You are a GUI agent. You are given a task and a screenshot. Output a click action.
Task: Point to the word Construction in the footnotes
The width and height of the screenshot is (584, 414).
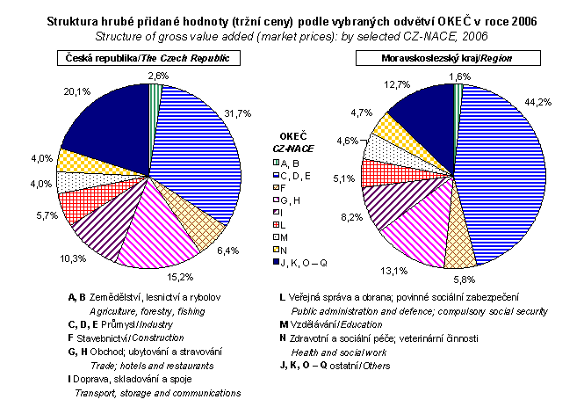pos(159,337)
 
